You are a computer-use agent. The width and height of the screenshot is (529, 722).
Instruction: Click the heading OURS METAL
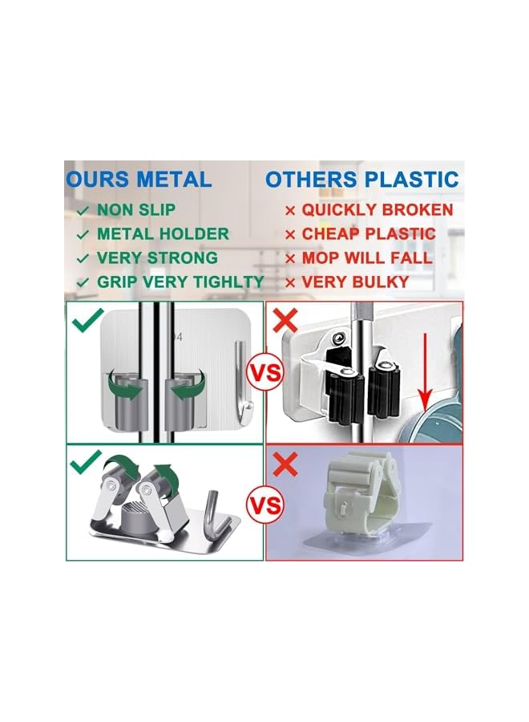(139, 179)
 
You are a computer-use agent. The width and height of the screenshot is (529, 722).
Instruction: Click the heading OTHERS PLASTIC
(362, 179)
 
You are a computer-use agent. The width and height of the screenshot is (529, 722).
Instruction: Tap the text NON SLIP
(136, 210)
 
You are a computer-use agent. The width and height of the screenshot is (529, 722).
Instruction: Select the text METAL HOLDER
(163, 234)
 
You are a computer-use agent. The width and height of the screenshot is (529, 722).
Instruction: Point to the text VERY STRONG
(157, 258)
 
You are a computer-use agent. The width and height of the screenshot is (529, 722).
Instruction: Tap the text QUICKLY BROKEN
(378, 210)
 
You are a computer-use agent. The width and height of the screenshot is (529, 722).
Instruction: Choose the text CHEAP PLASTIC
(369, 234)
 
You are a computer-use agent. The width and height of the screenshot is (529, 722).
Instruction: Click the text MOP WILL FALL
(367, 258)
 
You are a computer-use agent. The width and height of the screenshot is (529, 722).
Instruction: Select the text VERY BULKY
(355, 282)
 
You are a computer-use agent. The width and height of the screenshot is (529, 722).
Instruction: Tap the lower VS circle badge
(265, 505)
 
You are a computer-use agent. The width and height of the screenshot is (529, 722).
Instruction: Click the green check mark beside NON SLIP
(83, 211)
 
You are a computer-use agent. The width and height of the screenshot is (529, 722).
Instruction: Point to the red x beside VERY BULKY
(290, 282)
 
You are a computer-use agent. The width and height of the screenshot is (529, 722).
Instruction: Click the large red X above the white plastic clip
(285, 464)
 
